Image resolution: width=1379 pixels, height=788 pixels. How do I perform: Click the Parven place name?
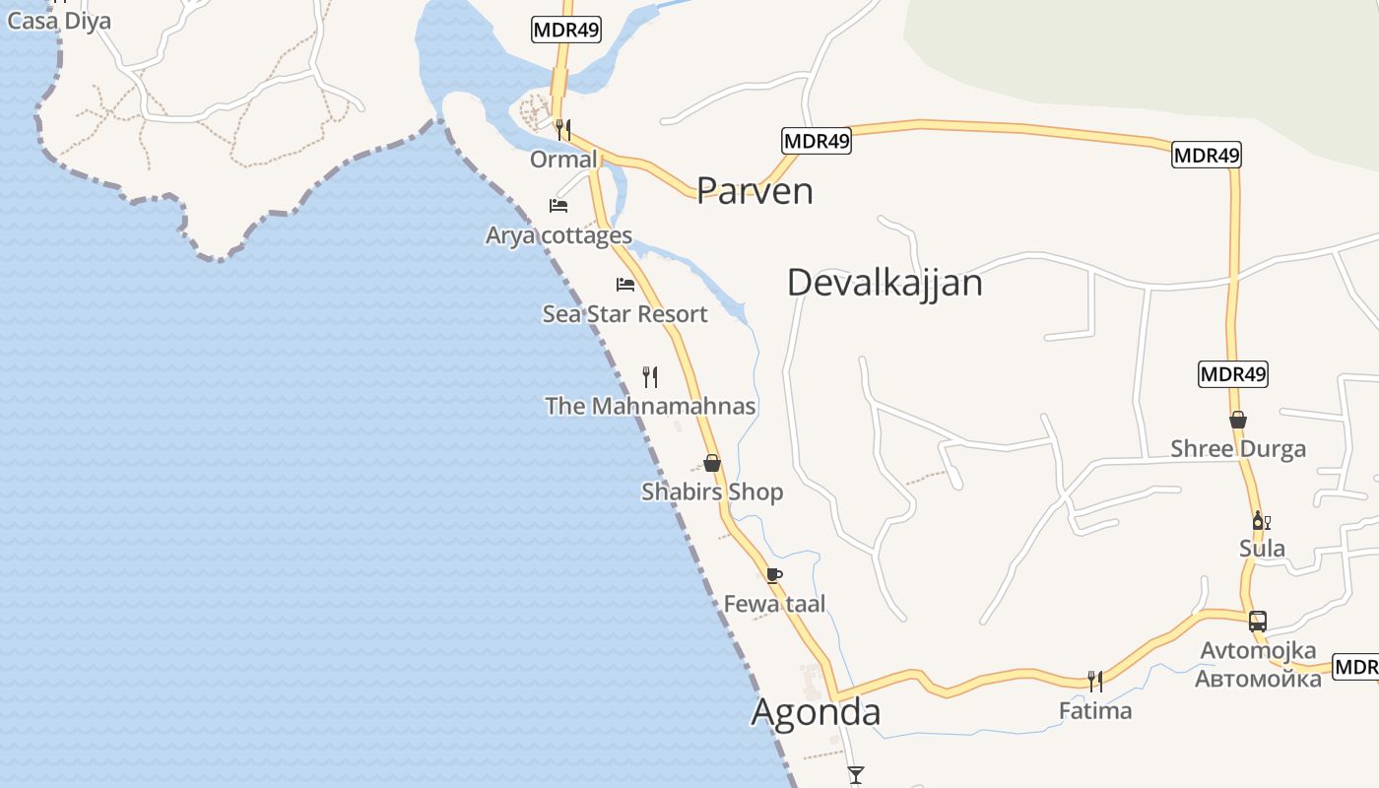pyautogui.click(x=755, y=190)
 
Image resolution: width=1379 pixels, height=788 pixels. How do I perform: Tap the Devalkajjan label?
pyautogui.click(x=885, y=283)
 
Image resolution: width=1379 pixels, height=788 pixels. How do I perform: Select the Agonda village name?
pyautogui.click(x=816, y=711)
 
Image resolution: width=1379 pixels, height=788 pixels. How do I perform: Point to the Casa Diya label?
pyautogui.click(x=58, y=20)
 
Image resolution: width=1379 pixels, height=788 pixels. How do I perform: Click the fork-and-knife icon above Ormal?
pyautogui.click(x=562, y=128)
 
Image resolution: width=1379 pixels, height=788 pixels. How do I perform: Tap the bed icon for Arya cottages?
pyautogui.click(x=558, y=206)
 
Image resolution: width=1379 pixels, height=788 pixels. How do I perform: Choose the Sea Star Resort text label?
pyautogui.click(x=624, y=314)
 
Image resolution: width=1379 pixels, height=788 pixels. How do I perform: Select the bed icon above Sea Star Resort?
pyautogui.click(x=625, y=285)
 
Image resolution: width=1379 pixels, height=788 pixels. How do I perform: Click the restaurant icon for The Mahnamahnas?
pyautogui.click(x=650, y=376)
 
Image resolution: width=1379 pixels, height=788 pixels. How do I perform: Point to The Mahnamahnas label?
pyautogui.click(x=650, y=406)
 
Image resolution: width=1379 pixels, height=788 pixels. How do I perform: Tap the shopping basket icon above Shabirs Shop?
pyautogui.click(x=712, y=463)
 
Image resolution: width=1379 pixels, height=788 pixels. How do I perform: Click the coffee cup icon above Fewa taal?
pyautogui.click(x=774, y=575)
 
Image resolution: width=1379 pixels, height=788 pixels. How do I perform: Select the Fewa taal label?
pyautogui.click(x=774, y=604)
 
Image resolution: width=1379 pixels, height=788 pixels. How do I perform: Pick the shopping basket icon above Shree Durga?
pyautogui.click(x=1238, y=420)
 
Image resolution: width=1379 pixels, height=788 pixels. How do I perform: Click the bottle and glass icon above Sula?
pyautogui.click(x=1261, y=520)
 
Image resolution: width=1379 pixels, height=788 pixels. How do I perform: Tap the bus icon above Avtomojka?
pyautogui.click(x=1258, y=622)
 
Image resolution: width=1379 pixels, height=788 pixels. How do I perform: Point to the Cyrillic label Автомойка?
pyautogui.click(x=1258, y=678)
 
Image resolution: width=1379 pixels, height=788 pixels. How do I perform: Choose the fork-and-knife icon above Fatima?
pyautogui.click(x=1094, y=681)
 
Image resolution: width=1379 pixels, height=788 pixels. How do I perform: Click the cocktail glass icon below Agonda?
pyautogui.click(x=856, y=775)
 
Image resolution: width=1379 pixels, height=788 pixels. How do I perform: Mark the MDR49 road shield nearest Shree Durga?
pyautogui.click(x=1233, y=374)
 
